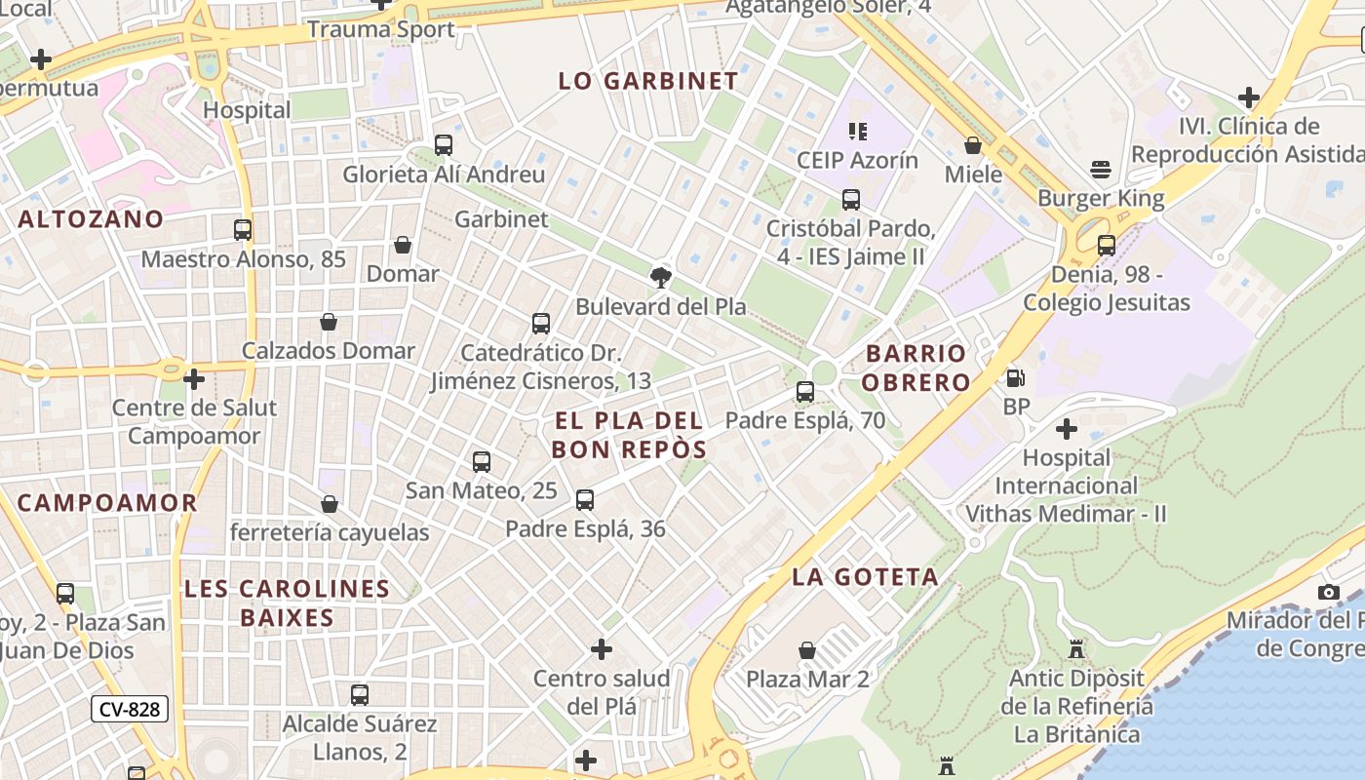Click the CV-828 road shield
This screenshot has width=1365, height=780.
click(130, 709)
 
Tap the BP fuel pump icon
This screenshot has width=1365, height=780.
click(1015, 377)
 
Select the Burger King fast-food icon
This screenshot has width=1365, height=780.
click(1101, 170)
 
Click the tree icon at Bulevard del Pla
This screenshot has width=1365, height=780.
click(660, 277)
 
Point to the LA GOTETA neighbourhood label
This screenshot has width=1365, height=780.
click(865, 576)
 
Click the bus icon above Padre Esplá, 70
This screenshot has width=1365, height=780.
click(805, 392)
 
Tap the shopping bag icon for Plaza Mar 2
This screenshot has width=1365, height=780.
click(807, 649)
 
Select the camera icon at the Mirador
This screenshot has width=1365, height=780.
click(1328, 592)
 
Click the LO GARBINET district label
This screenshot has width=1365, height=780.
click(648, 81)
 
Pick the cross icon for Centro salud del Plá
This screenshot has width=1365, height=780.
click(602, 648)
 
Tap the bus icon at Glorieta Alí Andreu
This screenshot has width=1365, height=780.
click(444, 145)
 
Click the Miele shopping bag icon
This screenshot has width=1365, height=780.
click(972, 145)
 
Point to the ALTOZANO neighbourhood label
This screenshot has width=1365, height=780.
click(91, 218)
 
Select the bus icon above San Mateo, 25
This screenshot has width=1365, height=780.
click(482, 462)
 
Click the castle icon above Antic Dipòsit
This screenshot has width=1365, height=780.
click(1076, 648)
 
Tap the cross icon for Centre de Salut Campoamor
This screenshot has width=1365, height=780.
click(194, 378)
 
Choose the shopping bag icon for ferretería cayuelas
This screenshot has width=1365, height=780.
click(330, 504)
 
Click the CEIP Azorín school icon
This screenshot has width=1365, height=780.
click(857, 131)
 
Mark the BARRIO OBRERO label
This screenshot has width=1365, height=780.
click(917, 368)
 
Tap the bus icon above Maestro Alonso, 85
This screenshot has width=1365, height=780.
click(243, 230)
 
